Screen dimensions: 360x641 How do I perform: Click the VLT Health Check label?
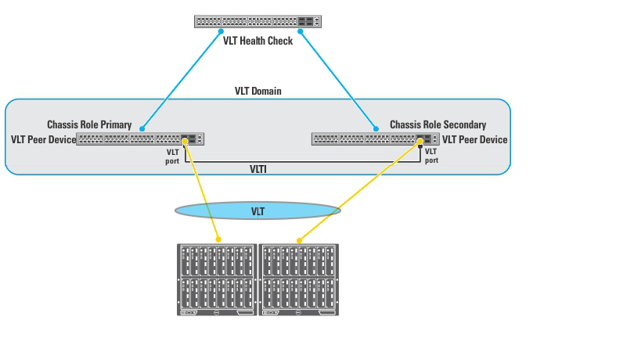(257, 41)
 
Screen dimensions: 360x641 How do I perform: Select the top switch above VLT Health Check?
(257, 22)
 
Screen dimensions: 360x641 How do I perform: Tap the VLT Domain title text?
(257, 91)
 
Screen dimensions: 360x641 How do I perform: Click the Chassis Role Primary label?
(89, 124)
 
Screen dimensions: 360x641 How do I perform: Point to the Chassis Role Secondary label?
(438, 124)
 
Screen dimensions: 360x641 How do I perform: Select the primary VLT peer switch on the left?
(140, 139)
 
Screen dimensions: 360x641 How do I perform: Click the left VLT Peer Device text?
(43, 139)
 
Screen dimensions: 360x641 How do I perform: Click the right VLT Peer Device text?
(474, 139)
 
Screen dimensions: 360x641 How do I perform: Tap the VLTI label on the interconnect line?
(259, 168)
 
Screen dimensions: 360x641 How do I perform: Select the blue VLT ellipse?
(257, 211)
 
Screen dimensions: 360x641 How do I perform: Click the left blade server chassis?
(217, 279)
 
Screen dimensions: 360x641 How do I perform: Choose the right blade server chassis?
(299, 279)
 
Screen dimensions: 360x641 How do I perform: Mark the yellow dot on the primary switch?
(185, 141)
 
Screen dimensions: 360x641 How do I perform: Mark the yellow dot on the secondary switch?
(421, 141)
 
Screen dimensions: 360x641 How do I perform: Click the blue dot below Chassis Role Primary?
(142, 128)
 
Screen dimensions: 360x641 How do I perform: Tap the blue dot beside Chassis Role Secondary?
(374, 127)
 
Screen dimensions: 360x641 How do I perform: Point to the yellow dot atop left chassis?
(218, 240)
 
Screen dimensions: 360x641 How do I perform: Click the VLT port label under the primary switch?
(172, 156)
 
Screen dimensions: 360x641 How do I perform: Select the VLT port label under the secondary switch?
(431, 155)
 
